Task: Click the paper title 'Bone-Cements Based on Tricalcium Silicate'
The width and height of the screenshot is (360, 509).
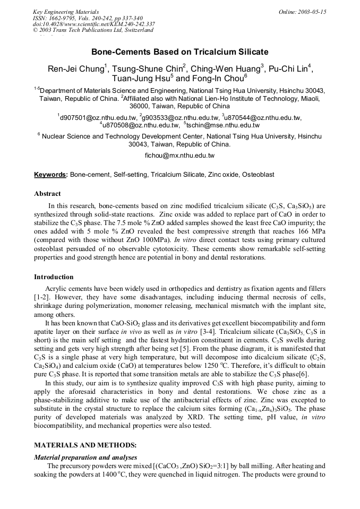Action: coord(179,52)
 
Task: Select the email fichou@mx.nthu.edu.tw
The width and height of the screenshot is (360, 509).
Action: coord(179,156)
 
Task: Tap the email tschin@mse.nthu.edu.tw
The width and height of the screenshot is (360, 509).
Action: coord(222,125)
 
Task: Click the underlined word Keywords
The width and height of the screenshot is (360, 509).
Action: coord(50,175)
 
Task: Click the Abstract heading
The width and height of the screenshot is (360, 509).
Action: coord(47,194)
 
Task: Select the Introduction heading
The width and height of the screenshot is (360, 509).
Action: coord(54,277)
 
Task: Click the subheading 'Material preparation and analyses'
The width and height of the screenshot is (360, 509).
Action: coord(85,457)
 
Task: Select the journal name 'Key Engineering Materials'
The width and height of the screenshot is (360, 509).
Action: coord(65,12)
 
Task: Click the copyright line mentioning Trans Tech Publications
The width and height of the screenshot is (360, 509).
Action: coord(93,30)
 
